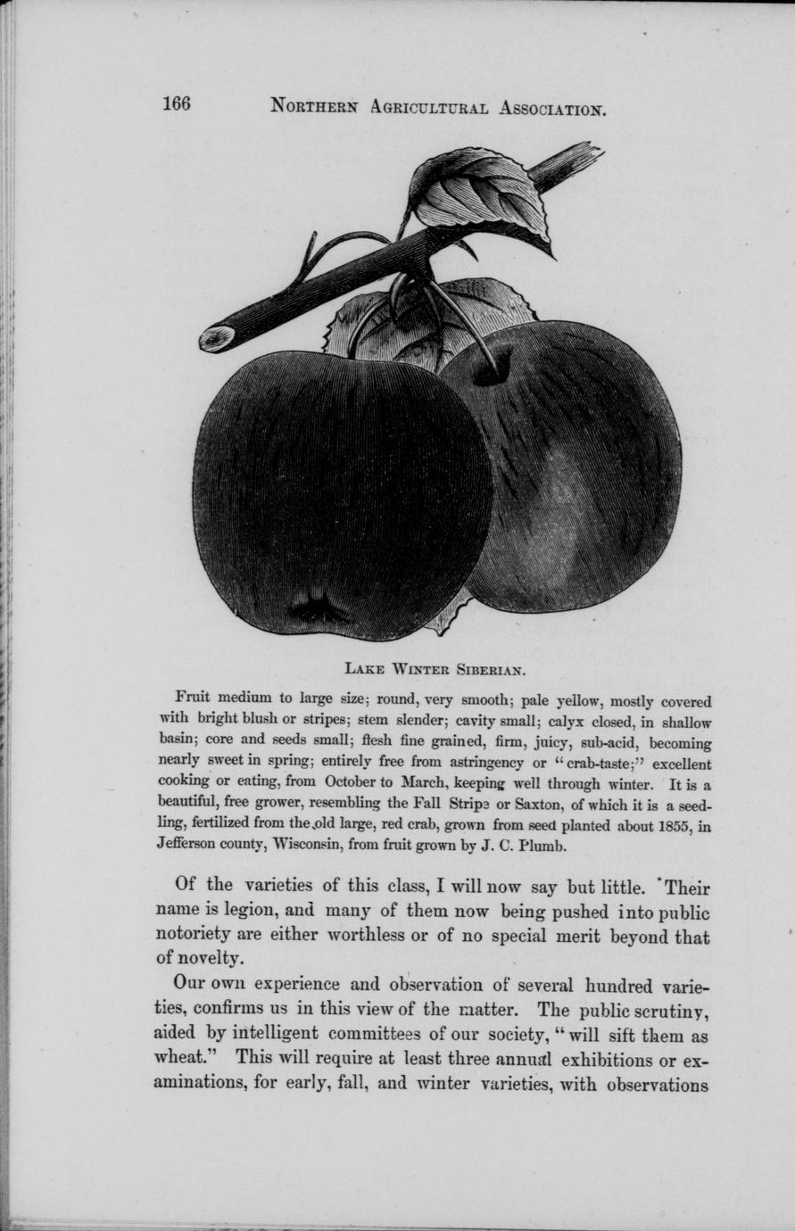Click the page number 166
pos(176,103)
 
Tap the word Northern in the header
pos(314,107)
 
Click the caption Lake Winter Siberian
pos(435,665)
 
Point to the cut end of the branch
pos(216,338)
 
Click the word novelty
pos(209,959)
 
